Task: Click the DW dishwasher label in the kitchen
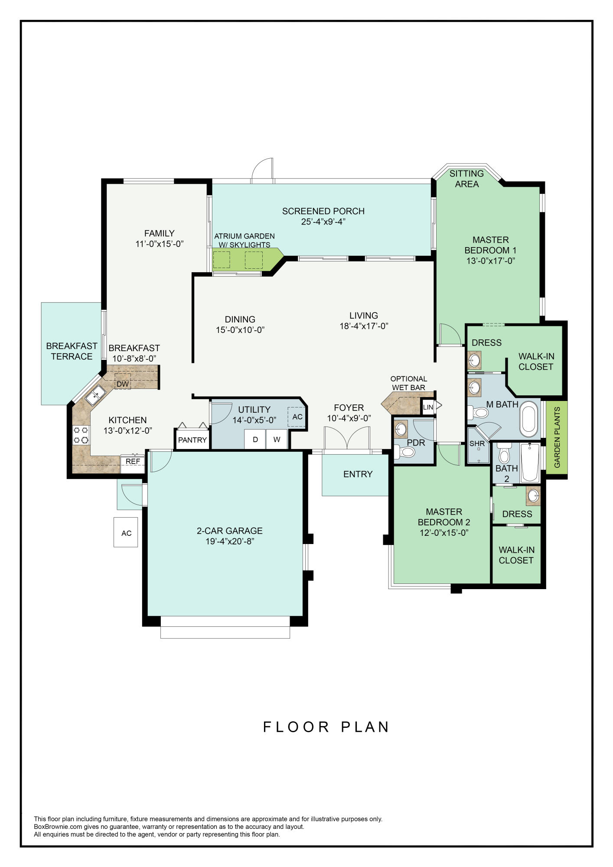coord(123,384)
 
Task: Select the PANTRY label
coord(192,440)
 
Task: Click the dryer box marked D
coord(255,439)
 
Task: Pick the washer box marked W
coord(277,439)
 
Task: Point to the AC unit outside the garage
coord(126,532)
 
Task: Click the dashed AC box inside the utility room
coord(297,417)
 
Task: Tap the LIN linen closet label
coord(428,407)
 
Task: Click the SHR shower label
coord(477,443)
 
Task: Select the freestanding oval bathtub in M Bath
coord(528,419)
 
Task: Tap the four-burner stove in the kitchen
coord(81,435)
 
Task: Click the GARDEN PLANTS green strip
coord(557,437)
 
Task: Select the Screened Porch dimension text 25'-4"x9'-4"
coord(323,222)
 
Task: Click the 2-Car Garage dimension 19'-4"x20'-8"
coord(230,541)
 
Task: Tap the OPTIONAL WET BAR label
coord(409,383)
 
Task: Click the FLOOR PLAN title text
coord(326,727)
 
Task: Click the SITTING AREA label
coord(466,179)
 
